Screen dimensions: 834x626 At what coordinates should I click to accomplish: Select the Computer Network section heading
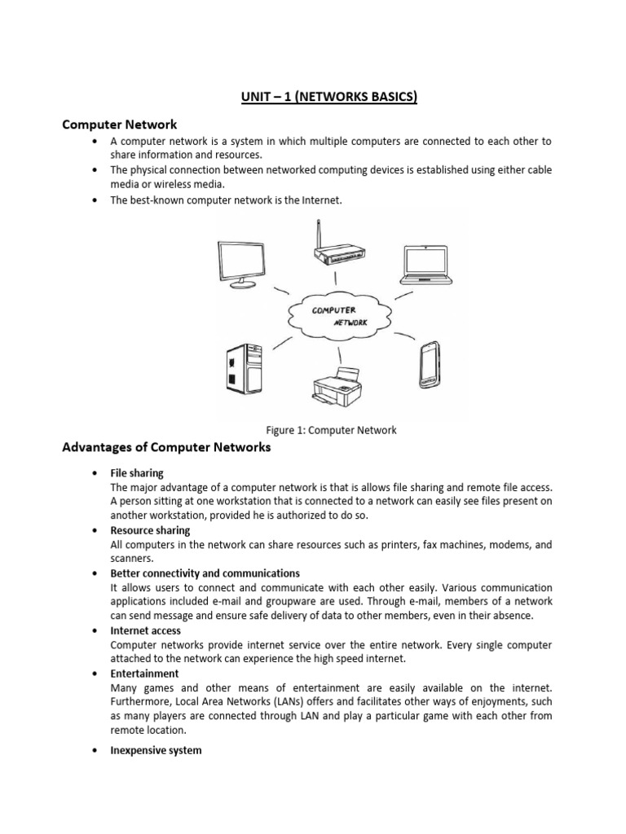(x=120, y=125)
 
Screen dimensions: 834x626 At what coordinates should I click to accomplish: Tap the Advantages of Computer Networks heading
(x=166, y=447)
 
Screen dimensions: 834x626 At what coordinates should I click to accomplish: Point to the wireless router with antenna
(x=335, y=248)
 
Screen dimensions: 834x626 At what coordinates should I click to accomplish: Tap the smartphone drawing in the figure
(x=429, y=366)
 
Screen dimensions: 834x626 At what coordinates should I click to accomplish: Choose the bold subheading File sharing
(x=137, y=473)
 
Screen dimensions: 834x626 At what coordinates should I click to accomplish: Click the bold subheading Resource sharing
(x=150, y=530)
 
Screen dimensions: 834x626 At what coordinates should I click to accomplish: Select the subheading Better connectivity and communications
(x=205, y=573)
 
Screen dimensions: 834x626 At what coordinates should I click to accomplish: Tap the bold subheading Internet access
(x=146, y=630)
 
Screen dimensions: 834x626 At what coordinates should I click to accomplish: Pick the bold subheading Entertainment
(x=144, y=674)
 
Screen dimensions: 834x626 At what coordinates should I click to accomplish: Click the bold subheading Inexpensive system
(x=156, y=750)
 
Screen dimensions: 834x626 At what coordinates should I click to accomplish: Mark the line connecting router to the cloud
(x=336, y=279)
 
